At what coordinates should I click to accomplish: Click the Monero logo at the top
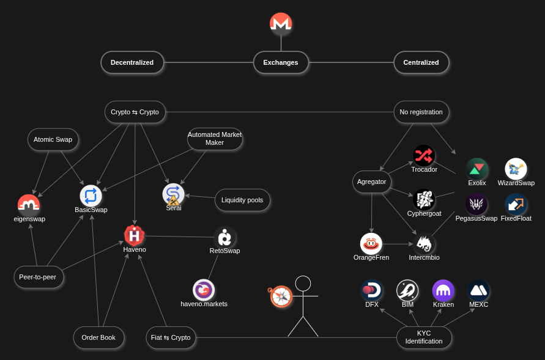(x=281, y=24)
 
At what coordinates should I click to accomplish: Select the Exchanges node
(x=281, y=62)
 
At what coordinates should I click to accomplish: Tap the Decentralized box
(x=132, y=62)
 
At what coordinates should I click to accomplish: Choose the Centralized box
(x=421, y=62)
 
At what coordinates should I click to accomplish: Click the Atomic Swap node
(x=53, y=139)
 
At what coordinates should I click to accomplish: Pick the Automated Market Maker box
(x=215, y=139)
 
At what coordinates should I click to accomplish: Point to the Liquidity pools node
(x=242, y=200)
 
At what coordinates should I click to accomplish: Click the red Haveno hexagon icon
(x=134, y=235)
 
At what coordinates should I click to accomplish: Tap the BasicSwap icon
(x=91, y=196)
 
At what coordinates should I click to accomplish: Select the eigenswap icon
(x=29, y=205)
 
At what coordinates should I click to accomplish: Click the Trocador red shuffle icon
(x=424, y=155)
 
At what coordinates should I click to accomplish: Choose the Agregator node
(x=372, y=182)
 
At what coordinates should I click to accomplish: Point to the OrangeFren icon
(x=371, y=243)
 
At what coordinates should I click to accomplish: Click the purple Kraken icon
(x=443, y=290)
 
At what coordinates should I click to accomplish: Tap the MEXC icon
(x=478, y=290)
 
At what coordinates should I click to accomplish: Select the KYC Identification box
(x=424, y=337)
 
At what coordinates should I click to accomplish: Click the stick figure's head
(x=303, y=284)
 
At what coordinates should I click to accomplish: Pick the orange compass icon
(x=281, y=296)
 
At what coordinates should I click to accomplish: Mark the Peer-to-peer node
(x=39, y=277)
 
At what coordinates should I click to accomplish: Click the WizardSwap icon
(x=516, y=169)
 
